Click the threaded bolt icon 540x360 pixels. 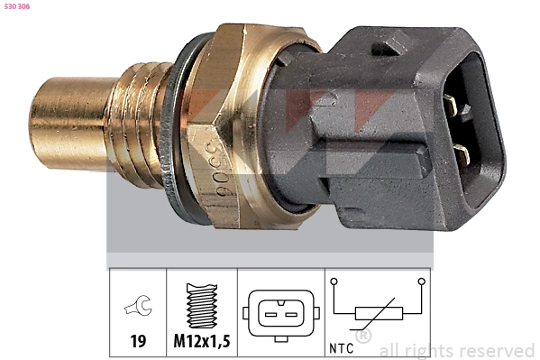(x=202, y=306)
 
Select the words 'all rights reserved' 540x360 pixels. (x=456, y=350)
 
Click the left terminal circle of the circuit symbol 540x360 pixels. (x=334, y=282)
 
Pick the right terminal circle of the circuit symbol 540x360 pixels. (x=421, y=282)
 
